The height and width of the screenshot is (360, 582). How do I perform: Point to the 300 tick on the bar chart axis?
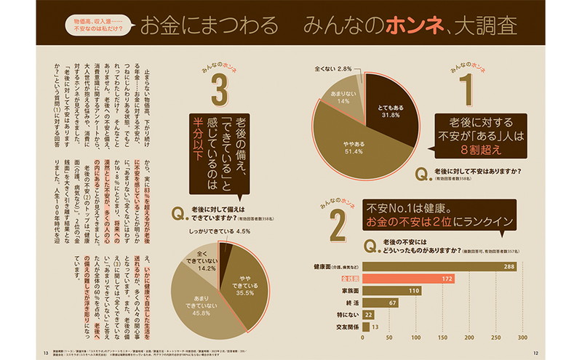point(520,337)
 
